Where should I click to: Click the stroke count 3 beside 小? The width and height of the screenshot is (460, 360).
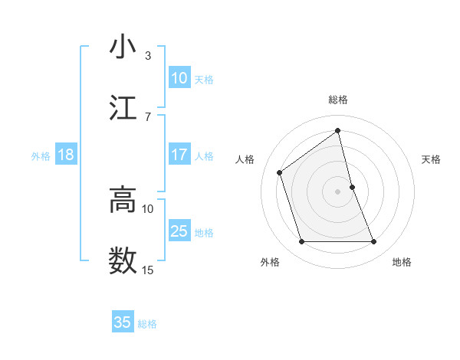(x=148, y=56)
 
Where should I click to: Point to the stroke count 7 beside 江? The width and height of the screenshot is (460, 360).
(x=148, y=116)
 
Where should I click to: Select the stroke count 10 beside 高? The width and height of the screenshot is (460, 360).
(x=148, y=208)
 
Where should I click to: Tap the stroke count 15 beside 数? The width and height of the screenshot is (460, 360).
(x=148, y=270)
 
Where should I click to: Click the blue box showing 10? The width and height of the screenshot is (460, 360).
(x=179, y=78)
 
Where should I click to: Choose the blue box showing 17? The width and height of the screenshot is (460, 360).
(x=179, y=155)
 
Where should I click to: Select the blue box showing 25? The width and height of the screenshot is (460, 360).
(x=179, y=231)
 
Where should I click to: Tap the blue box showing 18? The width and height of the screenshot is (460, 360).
(x=66, y=155)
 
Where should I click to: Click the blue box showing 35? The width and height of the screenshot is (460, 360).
(x=123, y=322)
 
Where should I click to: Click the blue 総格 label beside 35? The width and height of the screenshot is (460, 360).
(x=147, y=324)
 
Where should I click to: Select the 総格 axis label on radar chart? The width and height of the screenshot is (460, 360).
(x=338, y=100)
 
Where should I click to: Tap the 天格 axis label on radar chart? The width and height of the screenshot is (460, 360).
(x=432, y=159)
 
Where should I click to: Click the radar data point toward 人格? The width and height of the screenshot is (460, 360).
(x=280, y=172)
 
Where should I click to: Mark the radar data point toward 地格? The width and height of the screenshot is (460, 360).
(x=374, y=242)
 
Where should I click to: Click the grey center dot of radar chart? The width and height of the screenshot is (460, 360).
(x=338, y=191)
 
